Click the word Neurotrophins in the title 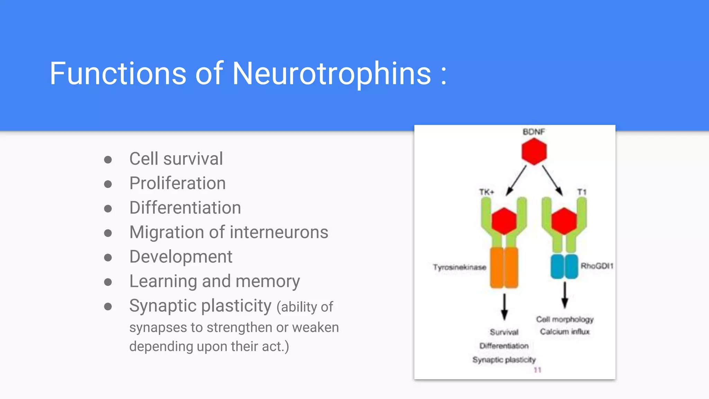pos(332,73)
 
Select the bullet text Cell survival pos(176,159)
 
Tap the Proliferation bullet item pos(177,183)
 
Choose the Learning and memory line pos(214,281)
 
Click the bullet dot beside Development pos(108,258)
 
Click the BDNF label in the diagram pos(533,132)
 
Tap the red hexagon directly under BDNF pos(534,151)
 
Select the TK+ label pos(486,192)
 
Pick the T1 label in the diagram pos(582,192)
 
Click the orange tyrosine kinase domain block pos(504,268)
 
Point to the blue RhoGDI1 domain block pos(564,266)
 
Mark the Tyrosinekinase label pos(459,267)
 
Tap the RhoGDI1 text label pos(597,266)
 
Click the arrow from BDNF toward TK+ pos(516,180)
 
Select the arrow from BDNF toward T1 pos(552,180)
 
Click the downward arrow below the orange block pos(504,307)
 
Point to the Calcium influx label pos(565,332)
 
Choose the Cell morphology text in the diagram pos(565,319)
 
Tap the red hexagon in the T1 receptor pos(564,221)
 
